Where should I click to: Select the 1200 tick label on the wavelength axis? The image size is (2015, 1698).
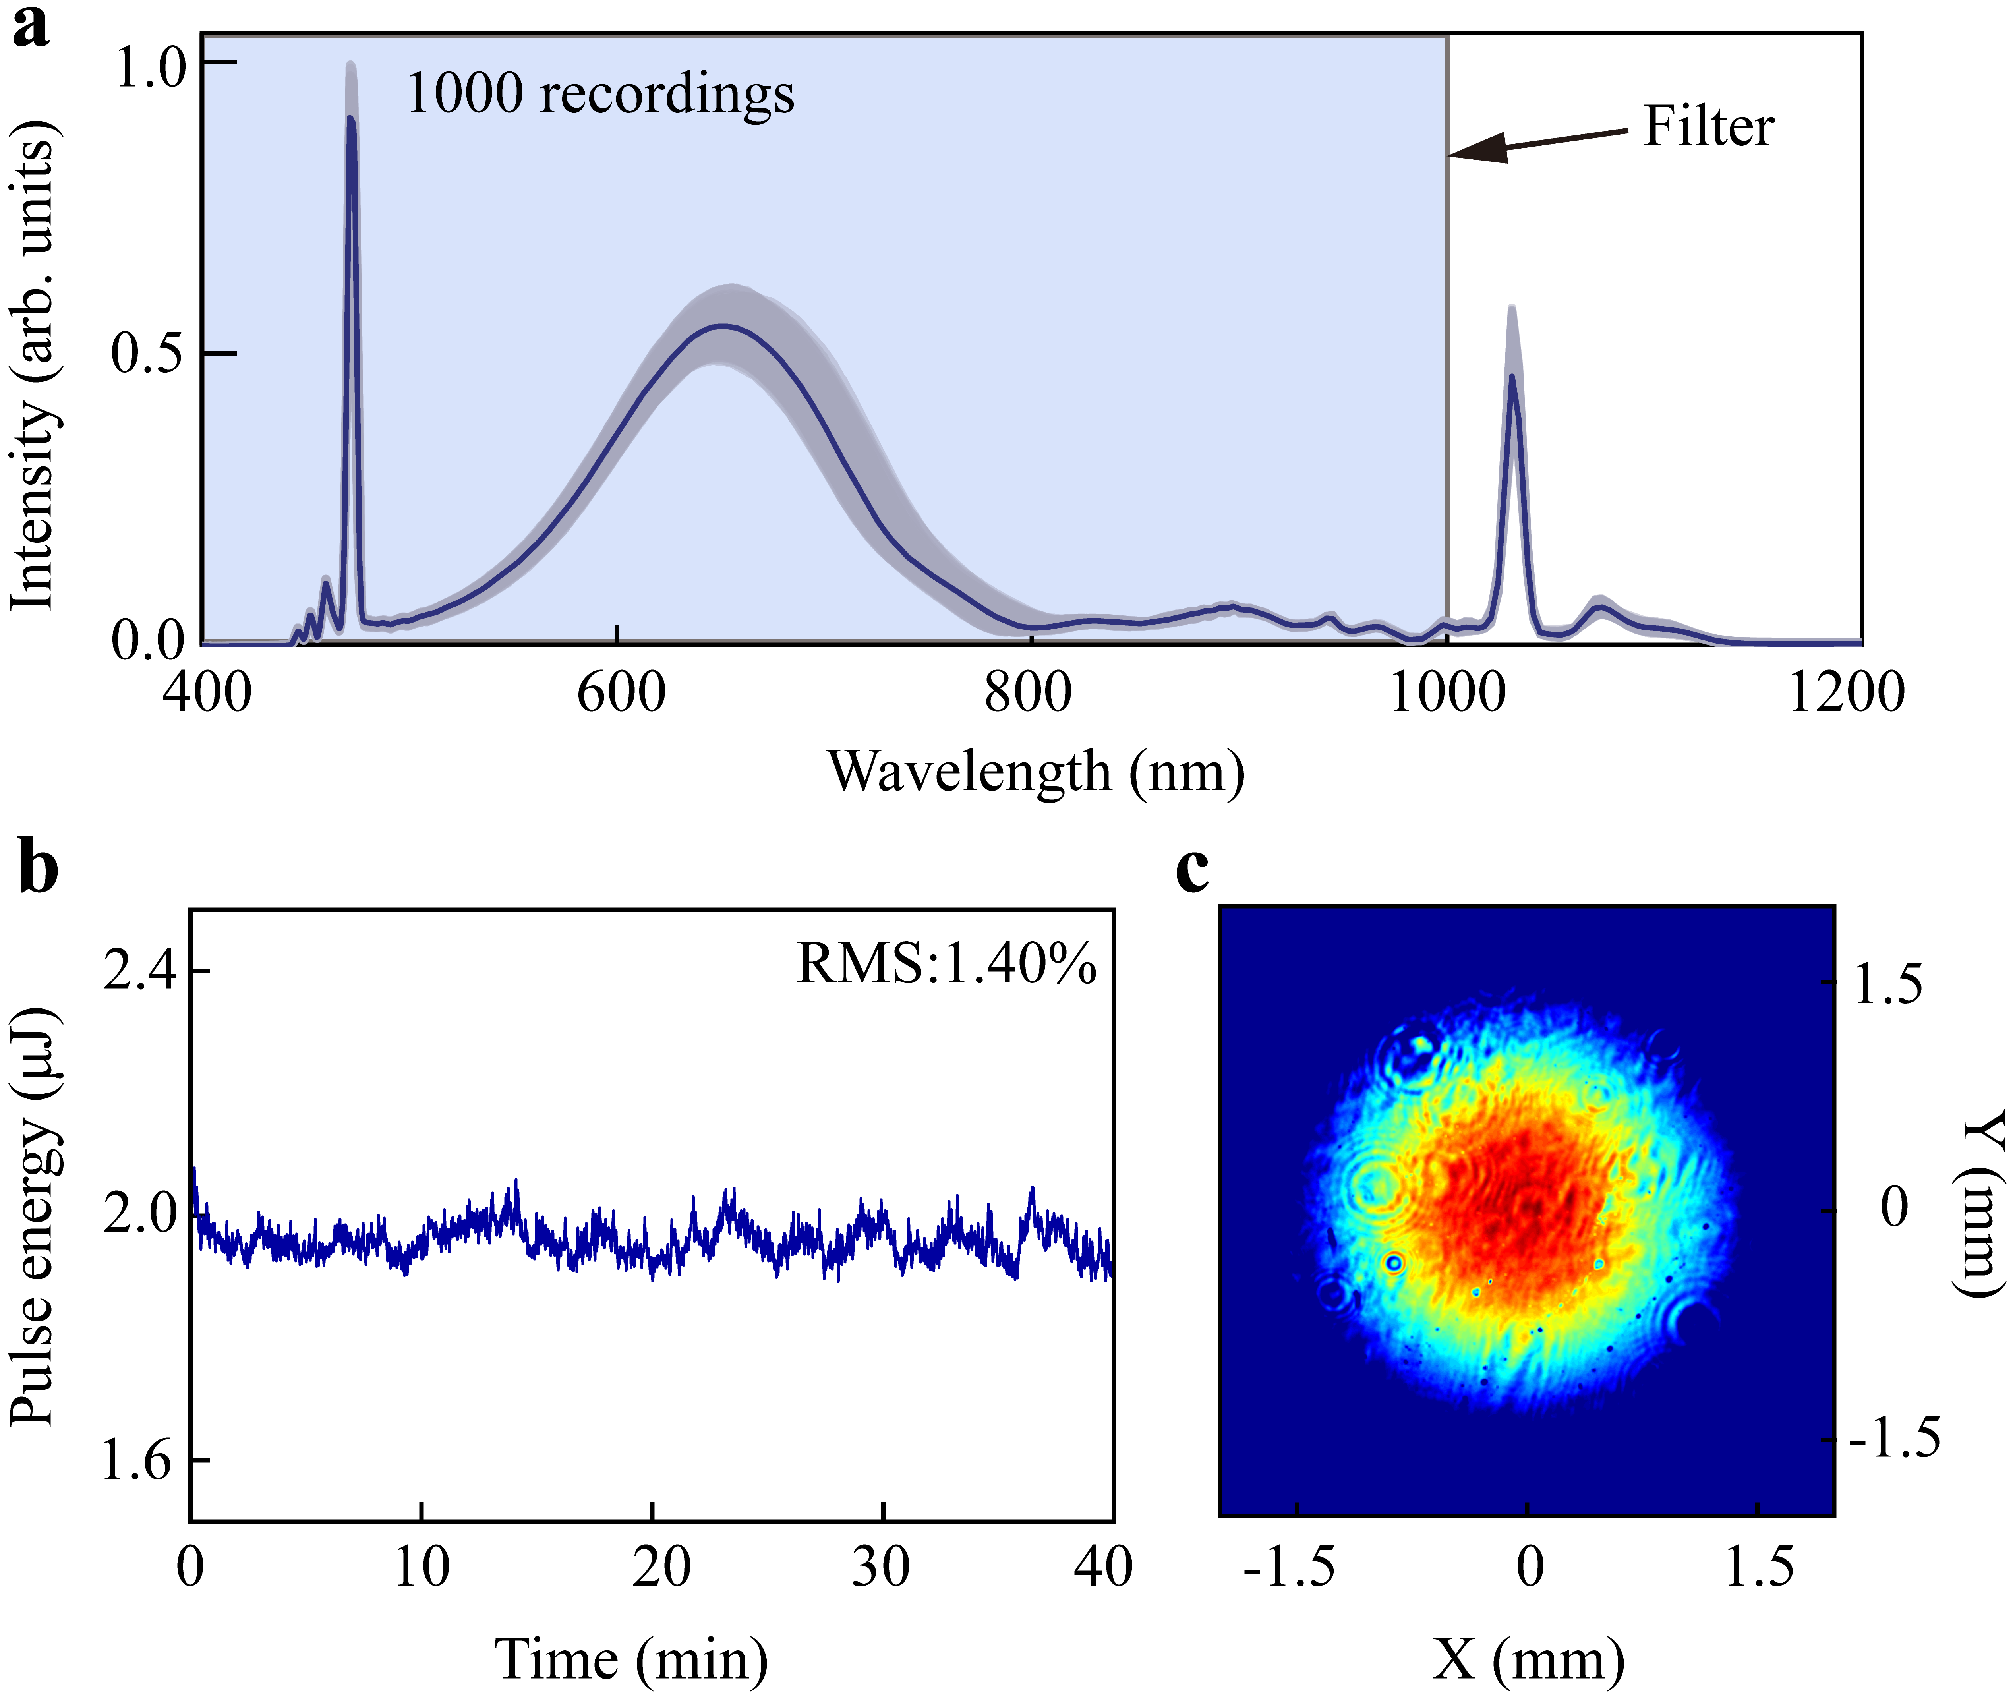(1845, 693)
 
